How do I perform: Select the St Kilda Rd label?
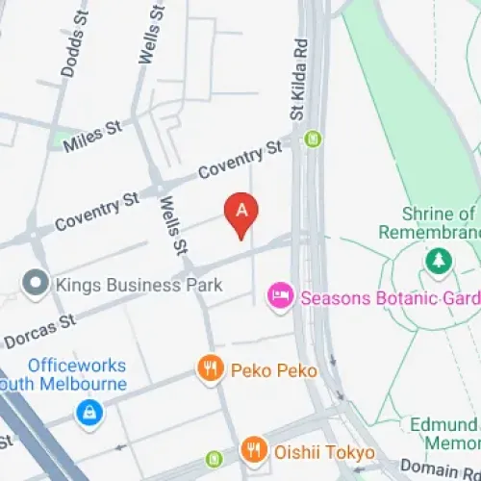click(300, 81)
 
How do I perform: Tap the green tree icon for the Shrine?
click(439, 260)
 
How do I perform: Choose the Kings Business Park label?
click(139, 285)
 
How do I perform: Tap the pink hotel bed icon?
click(280, 296)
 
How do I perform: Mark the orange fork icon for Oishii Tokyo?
click(253, 448)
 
